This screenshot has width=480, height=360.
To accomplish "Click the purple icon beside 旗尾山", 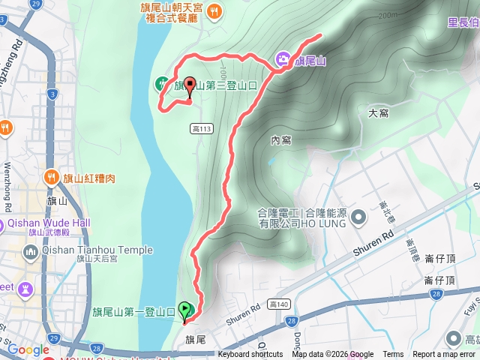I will click(x=283, y=58).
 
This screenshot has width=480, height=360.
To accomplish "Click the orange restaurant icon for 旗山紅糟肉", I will click(x=52, y=178).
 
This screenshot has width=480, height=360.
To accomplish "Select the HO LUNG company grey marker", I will click(x=358, y=218).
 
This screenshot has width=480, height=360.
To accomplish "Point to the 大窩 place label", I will click(x=378, y=113).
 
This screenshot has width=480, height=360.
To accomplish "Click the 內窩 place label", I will click(x=280, y=140).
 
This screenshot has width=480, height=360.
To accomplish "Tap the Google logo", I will click(x=28, y=349).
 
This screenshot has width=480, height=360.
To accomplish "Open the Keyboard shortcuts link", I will click(x=250, y=355).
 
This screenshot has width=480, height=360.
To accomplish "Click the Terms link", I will click(x=393, y=355).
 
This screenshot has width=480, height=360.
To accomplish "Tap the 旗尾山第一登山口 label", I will click(x=134, y=311).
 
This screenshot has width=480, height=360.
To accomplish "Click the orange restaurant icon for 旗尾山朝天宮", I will click(x=214, y=10).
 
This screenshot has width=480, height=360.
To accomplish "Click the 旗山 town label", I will click(x=57, y=201).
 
